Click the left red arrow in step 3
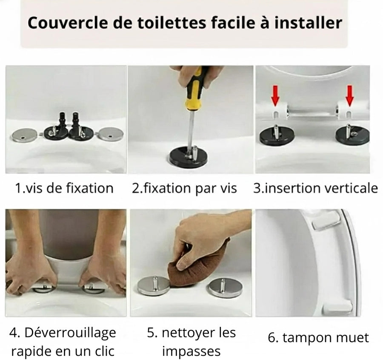pos(276,95)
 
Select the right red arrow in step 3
pos(349,95)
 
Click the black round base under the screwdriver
pos(188,158)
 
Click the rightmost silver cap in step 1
pos(110,135)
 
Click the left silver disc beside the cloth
pos(154,285)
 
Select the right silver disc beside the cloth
pos(224,288)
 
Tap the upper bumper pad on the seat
pos(326,221)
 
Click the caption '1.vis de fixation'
pos(64,188)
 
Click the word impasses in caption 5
pos(191,351)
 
